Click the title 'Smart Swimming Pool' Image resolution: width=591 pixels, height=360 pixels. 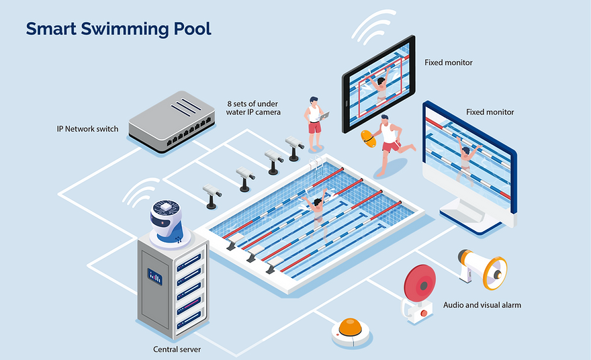tap(118, 29)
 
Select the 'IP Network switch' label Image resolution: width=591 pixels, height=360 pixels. tap(87, 128)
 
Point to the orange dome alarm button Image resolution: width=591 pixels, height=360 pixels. tap(351, 329)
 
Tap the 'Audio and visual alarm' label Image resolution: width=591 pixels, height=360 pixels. tap(482, 305)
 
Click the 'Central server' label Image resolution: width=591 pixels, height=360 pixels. tap(177, 349)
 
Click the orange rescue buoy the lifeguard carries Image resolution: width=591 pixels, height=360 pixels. tap(368, 138)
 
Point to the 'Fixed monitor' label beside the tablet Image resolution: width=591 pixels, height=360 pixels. tap(448, 62)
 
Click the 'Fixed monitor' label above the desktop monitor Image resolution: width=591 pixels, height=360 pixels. tap(490, 111)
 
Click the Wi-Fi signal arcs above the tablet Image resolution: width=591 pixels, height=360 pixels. tap(373, 27)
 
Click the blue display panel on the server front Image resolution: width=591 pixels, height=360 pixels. tap(155, 275)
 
